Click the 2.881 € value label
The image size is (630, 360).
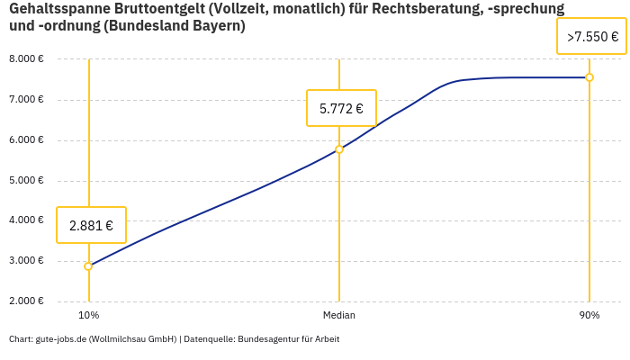pyautogui.click(x=91, y=225)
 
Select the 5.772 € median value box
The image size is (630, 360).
pyautogui.click(x=341, y=109)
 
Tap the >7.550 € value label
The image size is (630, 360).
pyautogui.click(x=592, y=37)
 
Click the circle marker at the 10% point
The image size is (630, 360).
pyautogui.click(x=88, y=266)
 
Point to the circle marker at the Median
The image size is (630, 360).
pyautogui.click(x=339, y=149)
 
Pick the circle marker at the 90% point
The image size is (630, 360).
pyautogui.click(x=589, y=77)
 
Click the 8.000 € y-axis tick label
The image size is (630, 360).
pyautogui.click(x=26, y=59)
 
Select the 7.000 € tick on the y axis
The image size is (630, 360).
pyautogui.click(x=26, y=99)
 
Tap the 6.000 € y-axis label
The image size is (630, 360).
pyautogui.click(x=26, y=139)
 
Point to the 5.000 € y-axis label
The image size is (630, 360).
pyautogui.click(x=26, y=180)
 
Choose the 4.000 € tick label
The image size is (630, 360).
pyautogui.click(x=26, y=220)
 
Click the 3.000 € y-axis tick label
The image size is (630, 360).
pyautogui.click(x=26, y=261)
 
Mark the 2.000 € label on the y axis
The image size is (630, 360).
pyautogui.click(x=26, y=301)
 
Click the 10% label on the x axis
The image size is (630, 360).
pyautogui.click(x=88, y=316)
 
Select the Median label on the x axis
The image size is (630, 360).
pyautogui.click(x=339, y=316)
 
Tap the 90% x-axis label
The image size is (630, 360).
pyautogui.click(x=589, y=316)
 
